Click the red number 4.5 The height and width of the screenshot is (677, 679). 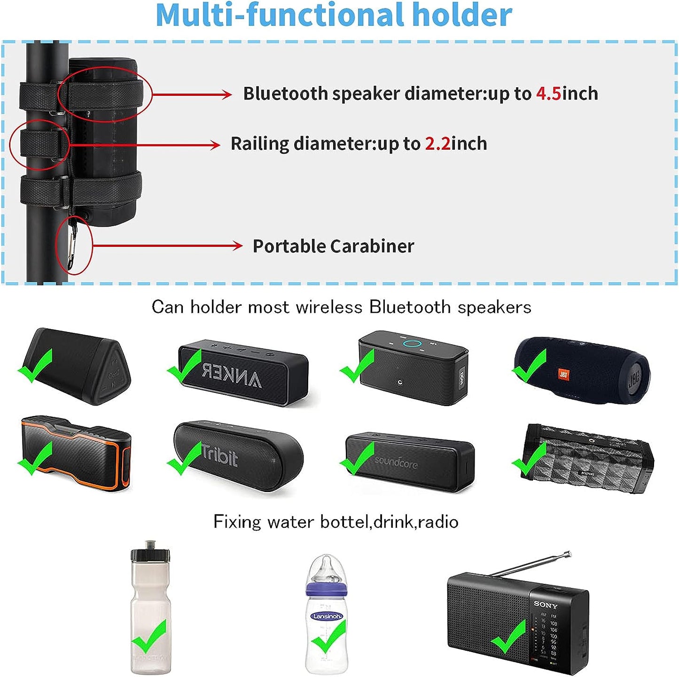coord(548,94)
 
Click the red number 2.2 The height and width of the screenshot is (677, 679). coord(437,144)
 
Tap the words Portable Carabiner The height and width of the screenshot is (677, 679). coord(333,246)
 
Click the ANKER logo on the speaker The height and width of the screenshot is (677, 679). coord(232,376)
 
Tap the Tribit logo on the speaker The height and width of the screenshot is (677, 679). coord(219,455)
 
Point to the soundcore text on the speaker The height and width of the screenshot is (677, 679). coord(396,463)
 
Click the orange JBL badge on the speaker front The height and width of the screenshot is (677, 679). coord(563,375)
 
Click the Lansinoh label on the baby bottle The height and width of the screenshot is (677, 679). coord(327,616)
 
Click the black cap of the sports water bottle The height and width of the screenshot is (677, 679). coord(150,552)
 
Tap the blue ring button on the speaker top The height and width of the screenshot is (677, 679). coord(411,343)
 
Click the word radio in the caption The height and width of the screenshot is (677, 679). coord(438,522)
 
